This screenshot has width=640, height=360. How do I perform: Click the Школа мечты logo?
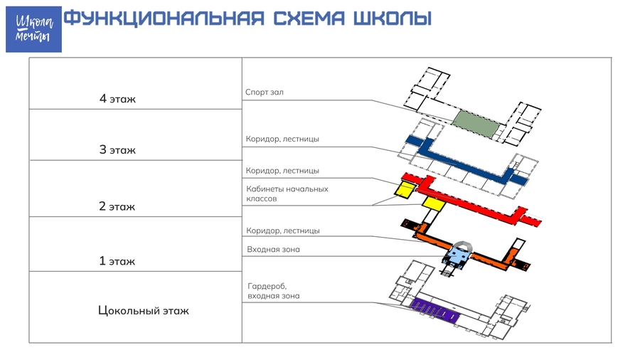point(33,29)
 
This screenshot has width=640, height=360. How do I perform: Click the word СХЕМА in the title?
point(309,18)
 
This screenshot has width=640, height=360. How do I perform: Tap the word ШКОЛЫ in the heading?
point(392,18)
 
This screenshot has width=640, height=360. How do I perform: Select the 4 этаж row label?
point(117,99)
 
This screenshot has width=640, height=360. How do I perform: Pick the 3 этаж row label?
point(117,150)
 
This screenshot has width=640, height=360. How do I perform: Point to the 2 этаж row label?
point(117,206)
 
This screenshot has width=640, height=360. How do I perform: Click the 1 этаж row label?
point(117,261)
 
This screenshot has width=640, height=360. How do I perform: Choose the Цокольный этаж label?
point(143,311)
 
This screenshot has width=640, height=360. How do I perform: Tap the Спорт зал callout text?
point(264,92)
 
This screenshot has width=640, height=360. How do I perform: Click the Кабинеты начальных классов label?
point(287,194)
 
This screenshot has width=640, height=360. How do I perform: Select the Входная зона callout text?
point(273,250)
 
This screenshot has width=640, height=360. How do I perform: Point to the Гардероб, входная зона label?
point(274,291)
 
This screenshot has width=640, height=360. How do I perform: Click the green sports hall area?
point(476,124)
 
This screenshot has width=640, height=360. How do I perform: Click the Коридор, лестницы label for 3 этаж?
point(282,139)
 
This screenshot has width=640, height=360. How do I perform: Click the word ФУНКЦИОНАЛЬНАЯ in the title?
point(164,18)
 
